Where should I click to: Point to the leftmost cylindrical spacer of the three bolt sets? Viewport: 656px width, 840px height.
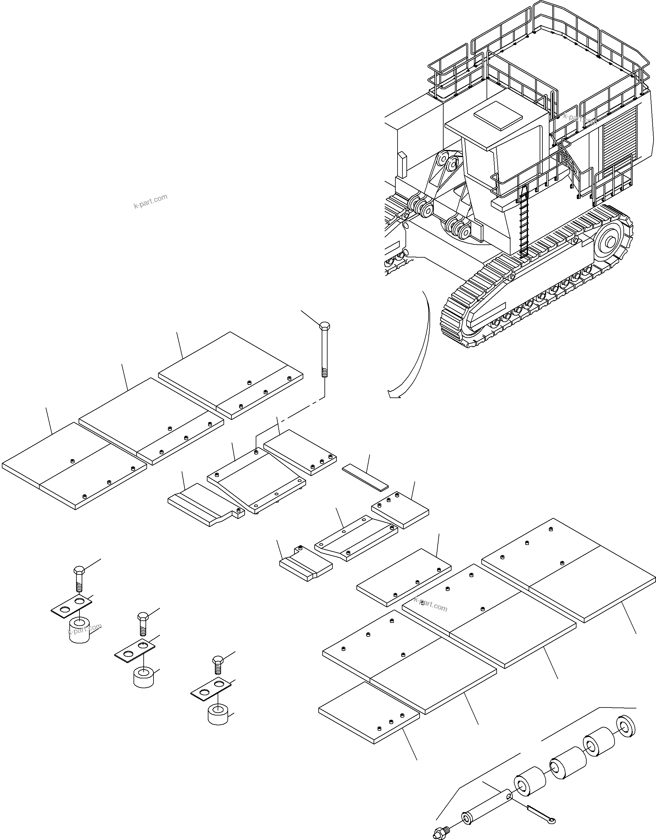point(80,633)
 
